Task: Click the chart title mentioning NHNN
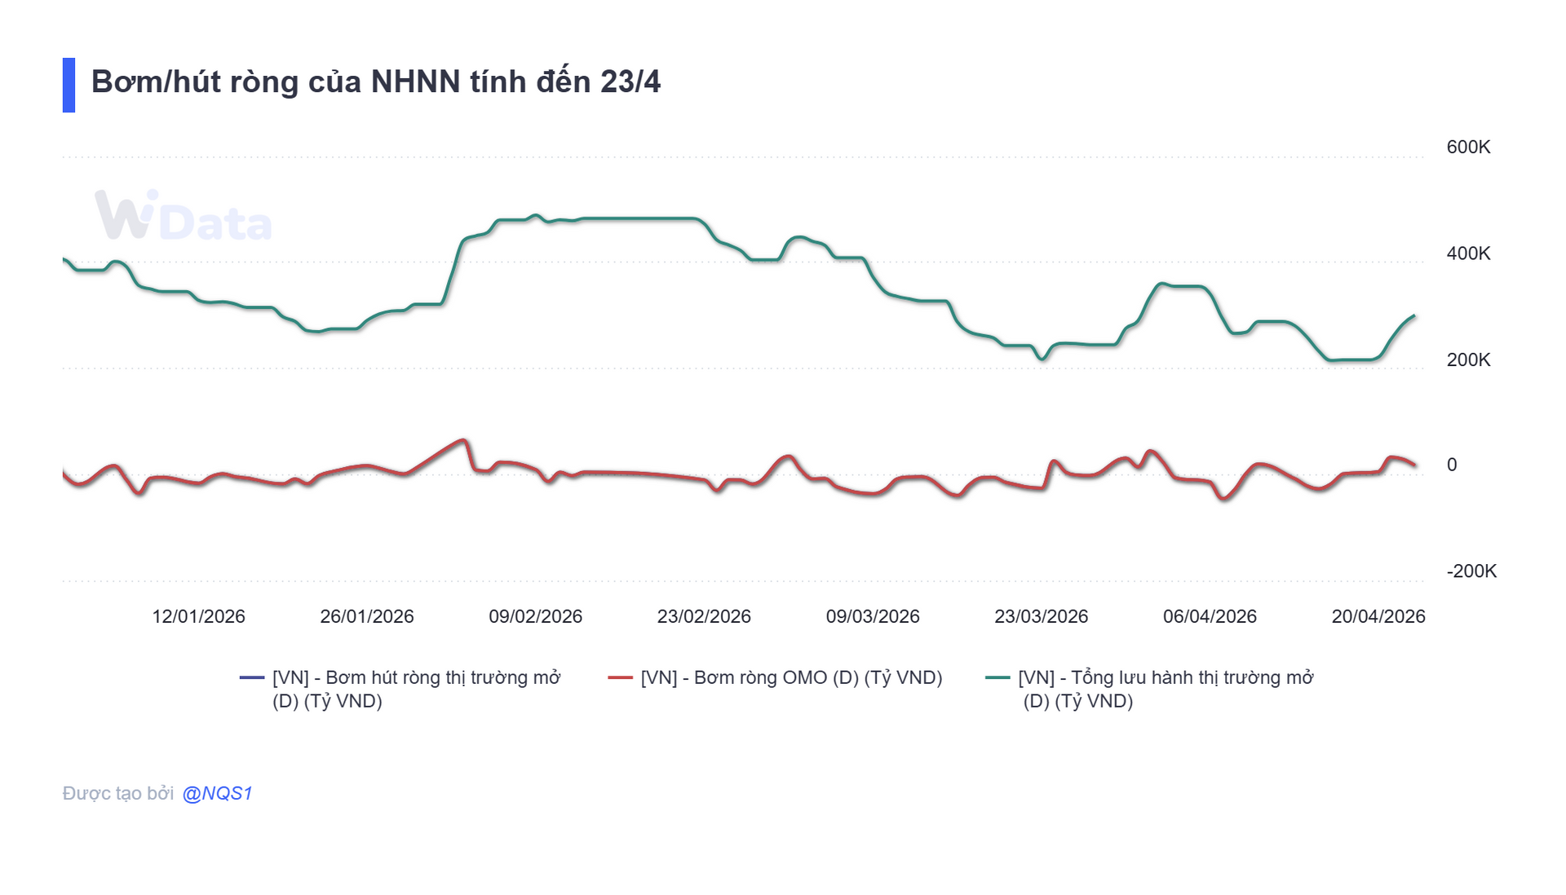tap(375, 82)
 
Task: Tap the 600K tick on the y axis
tap(1467, 148)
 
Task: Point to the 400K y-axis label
tap(1467, 254)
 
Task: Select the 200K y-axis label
tap(1467, 359)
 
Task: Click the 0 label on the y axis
tap(1451, 465)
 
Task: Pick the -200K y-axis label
tap(1471, 571)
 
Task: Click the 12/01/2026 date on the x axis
tap(198, 616)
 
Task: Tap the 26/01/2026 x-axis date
tap(367, 616)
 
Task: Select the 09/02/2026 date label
tap(535, 616)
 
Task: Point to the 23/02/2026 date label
tap(704, 616)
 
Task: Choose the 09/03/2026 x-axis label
tap(872, 616)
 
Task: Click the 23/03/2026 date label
tap(1041, 616)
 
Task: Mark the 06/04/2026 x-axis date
tap(1210, 616)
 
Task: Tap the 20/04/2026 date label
tap(1378, 616)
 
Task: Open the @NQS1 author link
tap(217, 793)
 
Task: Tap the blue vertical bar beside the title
tap(69, 85)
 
